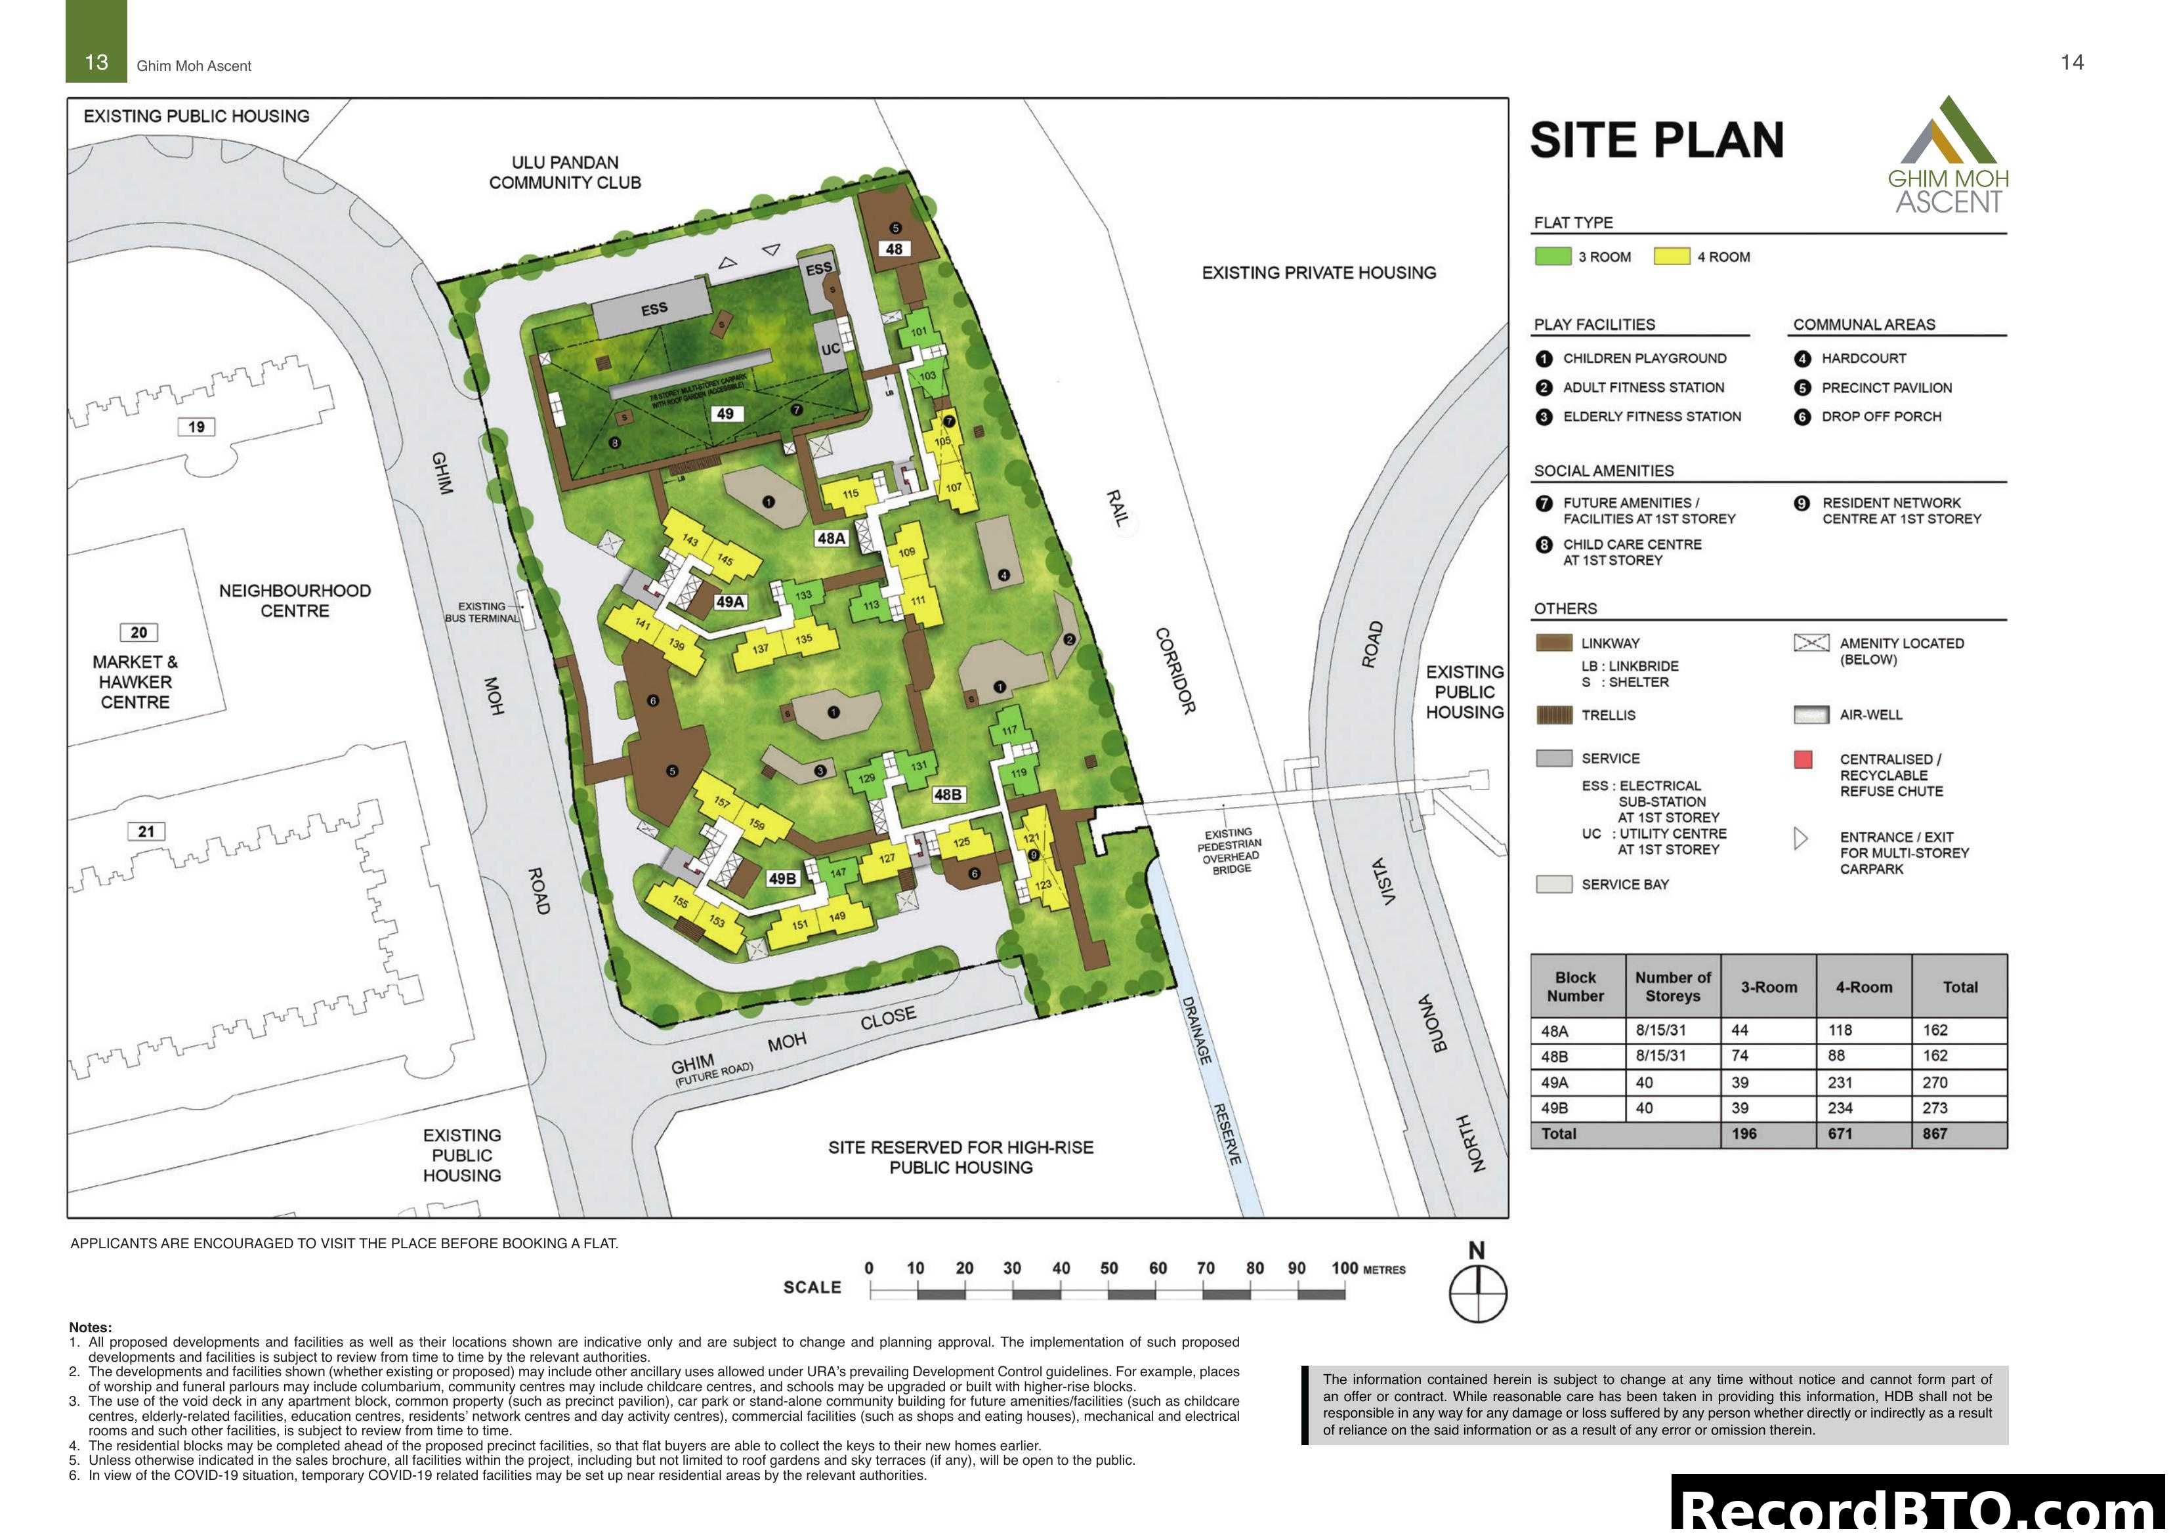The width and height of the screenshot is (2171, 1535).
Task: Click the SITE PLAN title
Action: [x=1656, y=141]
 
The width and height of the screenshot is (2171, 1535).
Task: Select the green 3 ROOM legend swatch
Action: [x=1551, y=257]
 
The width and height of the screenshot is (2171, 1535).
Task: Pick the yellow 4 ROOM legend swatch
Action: [x=1671, y=257]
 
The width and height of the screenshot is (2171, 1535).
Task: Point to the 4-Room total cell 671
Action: [x=1840, y=1134]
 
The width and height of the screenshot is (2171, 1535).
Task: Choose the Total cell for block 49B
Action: [x=1935, y=1108]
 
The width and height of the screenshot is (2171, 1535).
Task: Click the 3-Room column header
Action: [x=1768, y=986]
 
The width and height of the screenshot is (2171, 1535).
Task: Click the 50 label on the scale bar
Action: [x=1109, y=1269]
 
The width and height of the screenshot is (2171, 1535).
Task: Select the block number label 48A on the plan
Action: [x=831, y=538]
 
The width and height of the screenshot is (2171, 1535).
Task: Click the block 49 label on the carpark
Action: [x=725, y=413]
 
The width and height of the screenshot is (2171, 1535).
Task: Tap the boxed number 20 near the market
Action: [x=139, y=632]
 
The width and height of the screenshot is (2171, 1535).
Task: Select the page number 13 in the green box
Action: [x=96, y=62]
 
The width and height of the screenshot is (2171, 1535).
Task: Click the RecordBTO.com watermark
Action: [x=1920, y=1507]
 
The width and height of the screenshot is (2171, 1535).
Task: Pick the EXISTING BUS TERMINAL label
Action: [x=482, y=612]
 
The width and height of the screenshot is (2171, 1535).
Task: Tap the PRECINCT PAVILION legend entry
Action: [x=1886, y=388]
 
